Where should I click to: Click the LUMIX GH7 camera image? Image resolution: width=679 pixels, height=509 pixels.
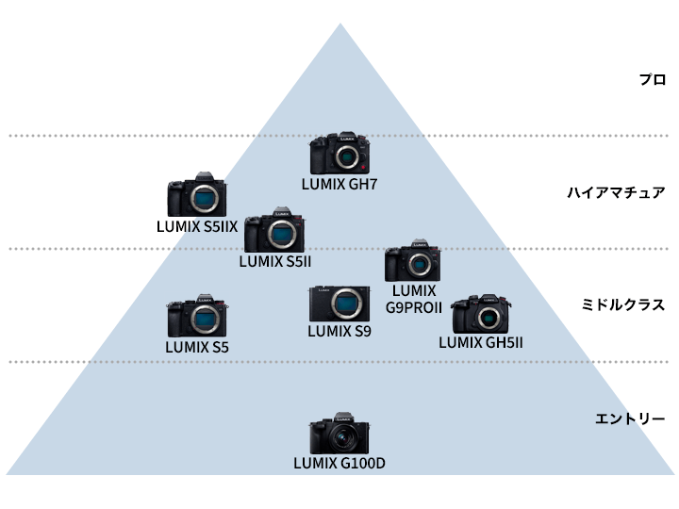pos(339,154)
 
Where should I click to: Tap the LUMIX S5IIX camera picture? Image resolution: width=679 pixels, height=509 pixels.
pos(197,196)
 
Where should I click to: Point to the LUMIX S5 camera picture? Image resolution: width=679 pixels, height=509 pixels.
pos(197,319)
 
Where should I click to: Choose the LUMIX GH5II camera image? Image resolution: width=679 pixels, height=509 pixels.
pos(481,315)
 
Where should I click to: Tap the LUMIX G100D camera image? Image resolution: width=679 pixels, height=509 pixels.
pos(339,436)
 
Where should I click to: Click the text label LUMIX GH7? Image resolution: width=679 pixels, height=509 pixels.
pos(339,185)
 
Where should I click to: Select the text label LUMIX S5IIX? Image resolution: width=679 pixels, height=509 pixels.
pos(197,226)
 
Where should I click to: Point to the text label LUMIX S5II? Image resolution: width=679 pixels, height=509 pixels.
pos(275,261)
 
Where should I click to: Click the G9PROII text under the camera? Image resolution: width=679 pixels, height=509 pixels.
pos(414,307)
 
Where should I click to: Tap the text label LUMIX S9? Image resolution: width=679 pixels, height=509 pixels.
pos(339,331)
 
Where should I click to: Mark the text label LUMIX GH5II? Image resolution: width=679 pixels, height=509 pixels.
pos(481,341)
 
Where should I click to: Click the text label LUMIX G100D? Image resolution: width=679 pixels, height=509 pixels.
pos(339,463)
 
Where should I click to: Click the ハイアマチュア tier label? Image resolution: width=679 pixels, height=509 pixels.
pos(616,193)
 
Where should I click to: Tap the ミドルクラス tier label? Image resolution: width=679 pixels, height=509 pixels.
pos(623,305)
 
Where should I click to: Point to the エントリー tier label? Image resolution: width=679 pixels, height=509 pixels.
pos(630,419)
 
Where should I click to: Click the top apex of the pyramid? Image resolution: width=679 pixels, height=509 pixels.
pos(339,25)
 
